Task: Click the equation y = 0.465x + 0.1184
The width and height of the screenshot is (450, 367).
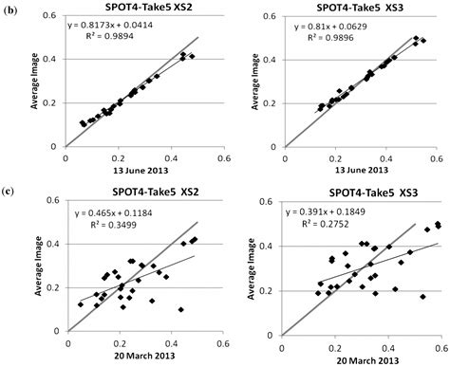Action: pos(104,226)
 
